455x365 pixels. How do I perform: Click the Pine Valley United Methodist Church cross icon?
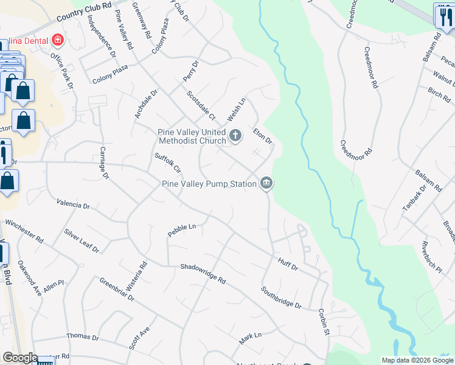pyautogui.click(x=235, y=136)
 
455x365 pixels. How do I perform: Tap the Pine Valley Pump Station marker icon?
pyautogui.click(x=266, y=183)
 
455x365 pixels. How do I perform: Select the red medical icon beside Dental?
pyautogui.click(x=58, y=40)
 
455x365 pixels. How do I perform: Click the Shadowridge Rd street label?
pyautogui.click(x=203, y=274)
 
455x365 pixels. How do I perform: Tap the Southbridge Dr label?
pyautogui.click(x=281, y=297)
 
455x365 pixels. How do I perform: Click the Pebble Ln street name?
pyautogui.click(x=182, y=230)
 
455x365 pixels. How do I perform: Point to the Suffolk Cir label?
pyautogui.click(x=168, y=164)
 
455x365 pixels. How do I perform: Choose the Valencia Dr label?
pyautogui.click(x=73, y=203)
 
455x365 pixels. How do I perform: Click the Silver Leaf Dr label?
pyautogui.click(x=82, y=241)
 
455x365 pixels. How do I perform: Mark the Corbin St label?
pyautogui.click(x=323, y=322)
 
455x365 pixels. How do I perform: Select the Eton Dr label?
pyautogui.click(x=262, y=134)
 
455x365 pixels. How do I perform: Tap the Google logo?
pyautogui.click(x=20, y=358)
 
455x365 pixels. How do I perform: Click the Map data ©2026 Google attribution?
pyautogui.click(x=417, y=360)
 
